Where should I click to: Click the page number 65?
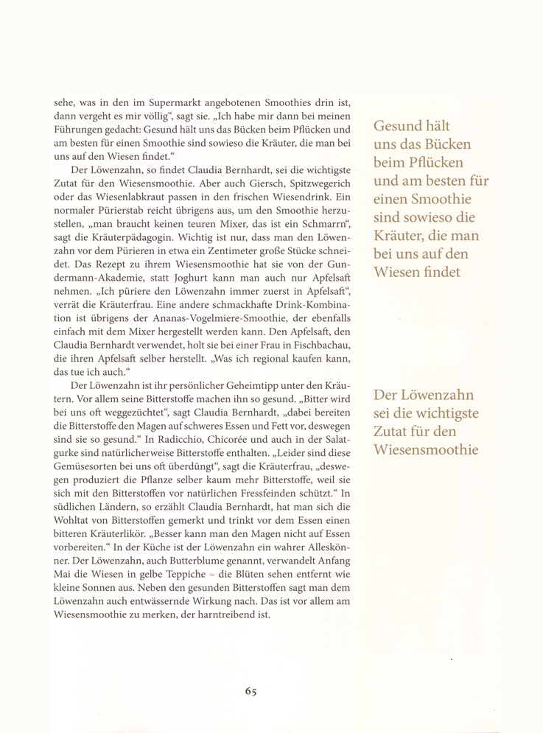click(x=251, y=691)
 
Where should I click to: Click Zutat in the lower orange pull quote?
click(x=396, y=429)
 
